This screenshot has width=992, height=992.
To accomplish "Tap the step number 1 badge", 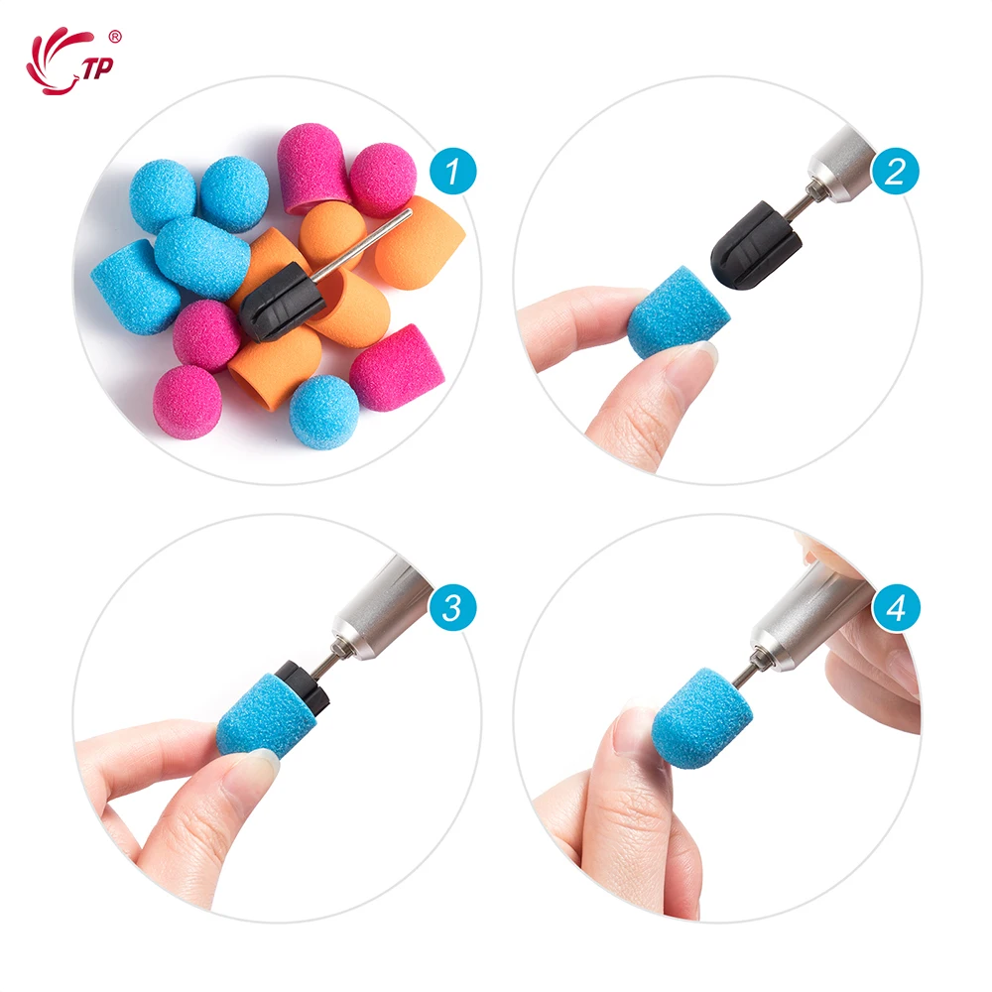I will click(452, 173).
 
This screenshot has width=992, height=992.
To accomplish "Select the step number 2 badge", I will click(895, 173).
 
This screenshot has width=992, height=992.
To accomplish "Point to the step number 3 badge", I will click(452, 608).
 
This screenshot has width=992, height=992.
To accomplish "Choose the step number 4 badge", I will click(895, 608).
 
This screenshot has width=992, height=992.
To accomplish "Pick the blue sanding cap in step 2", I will click(677, 316).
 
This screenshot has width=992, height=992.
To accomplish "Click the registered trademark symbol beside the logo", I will click(115, 37).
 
